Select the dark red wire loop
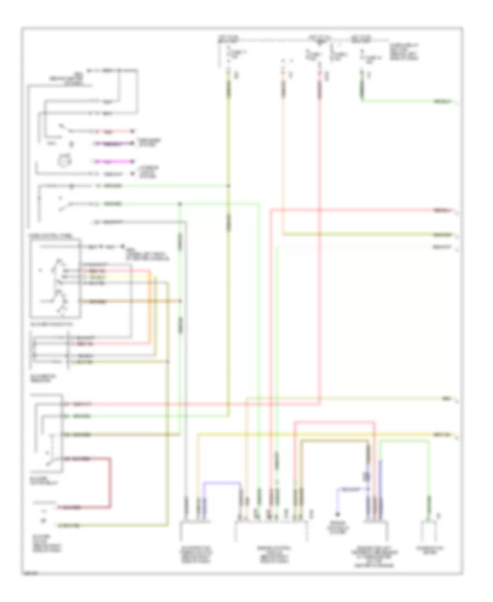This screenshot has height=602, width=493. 110,482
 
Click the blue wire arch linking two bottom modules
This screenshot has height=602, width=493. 222,483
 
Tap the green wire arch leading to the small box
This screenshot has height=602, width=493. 405,445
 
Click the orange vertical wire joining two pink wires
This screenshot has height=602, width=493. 148,306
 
